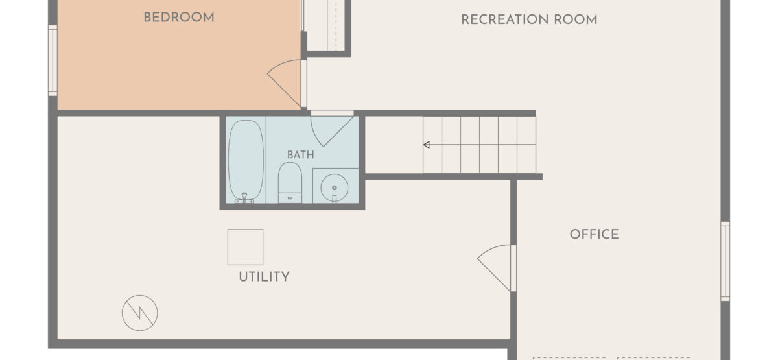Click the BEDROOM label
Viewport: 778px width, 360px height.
click(x=179, y=18)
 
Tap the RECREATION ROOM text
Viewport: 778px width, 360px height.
click(x=529, y=20)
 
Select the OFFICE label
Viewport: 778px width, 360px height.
click(x=595, y=234)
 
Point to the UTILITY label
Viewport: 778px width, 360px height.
click(x=264, y=277)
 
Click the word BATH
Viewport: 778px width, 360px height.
click(x=301, y=155)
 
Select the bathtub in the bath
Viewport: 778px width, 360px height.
click(x=246, y=162)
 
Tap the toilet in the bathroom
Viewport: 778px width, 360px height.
click(x=290, y=182)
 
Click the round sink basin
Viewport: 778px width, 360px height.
click(x=334, y=187)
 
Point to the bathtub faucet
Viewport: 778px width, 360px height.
click(x=244, y=198)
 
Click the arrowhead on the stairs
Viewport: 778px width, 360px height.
click(x=427, y=145)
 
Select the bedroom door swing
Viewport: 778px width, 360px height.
click(x=285, y=84)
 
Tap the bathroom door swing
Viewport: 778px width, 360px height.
click(x=332, y=131)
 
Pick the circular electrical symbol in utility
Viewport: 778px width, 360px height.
click(x=139, y=313)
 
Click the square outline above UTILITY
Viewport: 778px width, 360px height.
click(x=245, y=247)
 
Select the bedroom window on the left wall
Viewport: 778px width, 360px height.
click(x=53, y=60)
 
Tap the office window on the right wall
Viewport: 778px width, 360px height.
click(x=725, y=261)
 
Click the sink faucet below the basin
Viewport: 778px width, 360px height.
click(x=334, y=198)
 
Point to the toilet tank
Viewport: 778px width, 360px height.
click(x=290, y=198)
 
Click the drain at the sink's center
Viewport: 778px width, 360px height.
click(x=334, y=187)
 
